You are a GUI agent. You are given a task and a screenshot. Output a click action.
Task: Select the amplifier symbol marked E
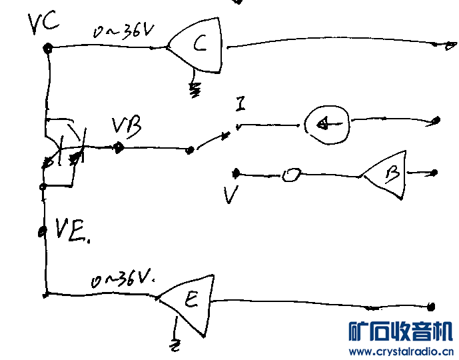(189, 301)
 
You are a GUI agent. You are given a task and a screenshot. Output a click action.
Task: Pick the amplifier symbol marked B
(388, 174)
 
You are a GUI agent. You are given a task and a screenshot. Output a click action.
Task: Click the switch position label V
(231, 195)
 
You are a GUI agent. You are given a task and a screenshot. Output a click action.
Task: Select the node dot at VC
(48, 48)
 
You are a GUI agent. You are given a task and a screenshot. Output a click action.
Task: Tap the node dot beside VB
(118, 147)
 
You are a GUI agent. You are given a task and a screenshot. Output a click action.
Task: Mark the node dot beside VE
(42, 232)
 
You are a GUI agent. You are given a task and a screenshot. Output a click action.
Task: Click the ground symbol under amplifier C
(195, 90)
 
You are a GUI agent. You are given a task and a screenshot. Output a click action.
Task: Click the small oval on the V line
(290, 176)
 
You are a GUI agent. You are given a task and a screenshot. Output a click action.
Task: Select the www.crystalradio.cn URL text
(402, 351)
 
